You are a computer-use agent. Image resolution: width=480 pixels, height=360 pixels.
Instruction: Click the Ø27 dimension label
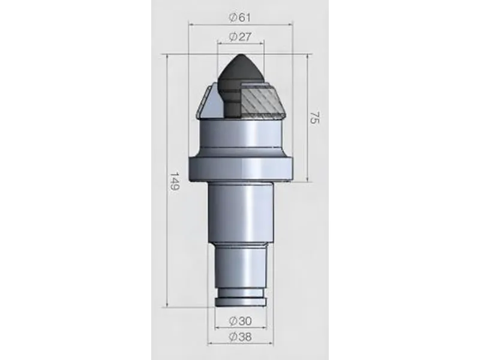pos(240,37)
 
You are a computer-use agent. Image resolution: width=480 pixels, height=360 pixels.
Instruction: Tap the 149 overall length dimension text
pos(173,181)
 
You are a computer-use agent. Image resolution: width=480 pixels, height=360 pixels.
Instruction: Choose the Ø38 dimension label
pos(240,337)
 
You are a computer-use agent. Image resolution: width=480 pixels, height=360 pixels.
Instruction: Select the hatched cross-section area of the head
pos(262,99)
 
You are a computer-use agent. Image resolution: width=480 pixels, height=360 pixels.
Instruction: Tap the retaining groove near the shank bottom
pos(240,297)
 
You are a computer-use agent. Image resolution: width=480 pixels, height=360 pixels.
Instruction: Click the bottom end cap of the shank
pos(240,304)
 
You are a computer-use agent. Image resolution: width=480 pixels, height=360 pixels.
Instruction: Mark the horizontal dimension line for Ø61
pos(240,25)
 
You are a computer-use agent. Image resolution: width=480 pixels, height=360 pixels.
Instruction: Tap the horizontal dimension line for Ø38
pos(240,344)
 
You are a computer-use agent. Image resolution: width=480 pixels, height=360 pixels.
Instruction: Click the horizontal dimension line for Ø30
pos(240,329)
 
